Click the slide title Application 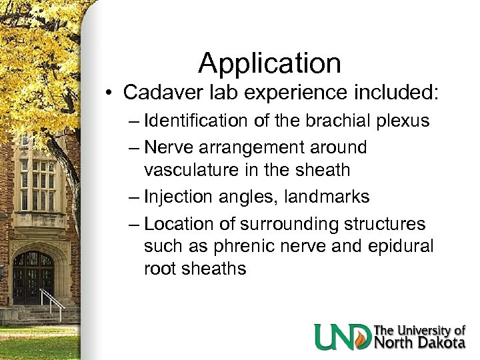click(x=269, y=63)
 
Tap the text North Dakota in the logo click(x=419, y=343)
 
